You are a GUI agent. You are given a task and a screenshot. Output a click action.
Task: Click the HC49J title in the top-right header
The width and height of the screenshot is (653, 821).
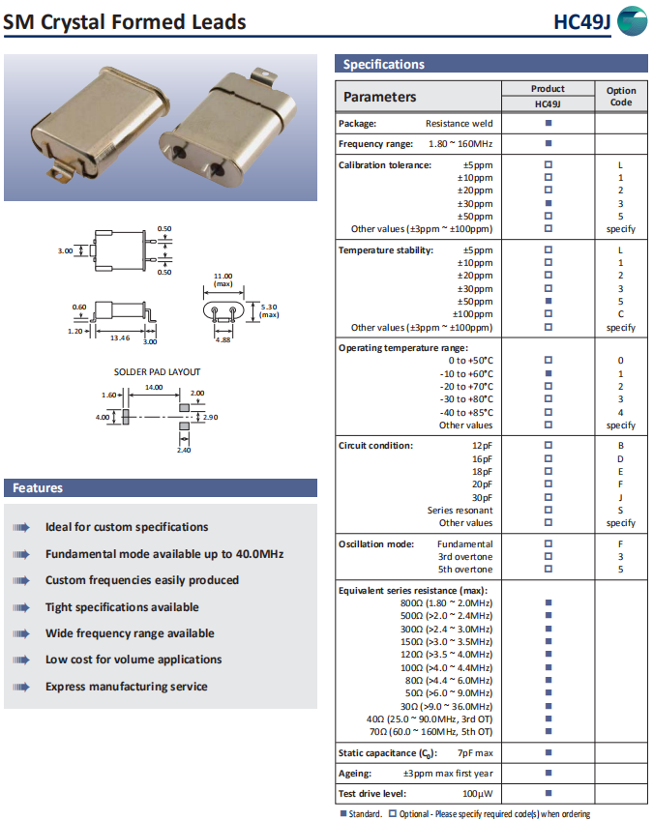point(581,21)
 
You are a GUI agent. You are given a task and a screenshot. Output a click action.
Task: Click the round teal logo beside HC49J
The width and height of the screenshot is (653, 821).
point(633,21)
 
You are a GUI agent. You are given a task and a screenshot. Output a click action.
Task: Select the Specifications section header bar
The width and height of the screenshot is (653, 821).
point(492,65)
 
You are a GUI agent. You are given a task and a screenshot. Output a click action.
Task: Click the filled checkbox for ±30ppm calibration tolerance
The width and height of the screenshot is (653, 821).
point(549,204)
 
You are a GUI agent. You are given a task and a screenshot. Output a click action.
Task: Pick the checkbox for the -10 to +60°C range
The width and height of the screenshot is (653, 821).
point(549,373)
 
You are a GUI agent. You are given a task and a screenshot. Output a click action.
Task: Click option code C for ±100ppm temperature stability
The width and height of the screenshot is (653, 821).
point(620,314)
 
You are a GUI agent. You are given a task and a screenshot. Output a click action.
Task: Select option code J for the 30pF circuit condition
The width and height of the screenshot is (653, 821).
point(620,498)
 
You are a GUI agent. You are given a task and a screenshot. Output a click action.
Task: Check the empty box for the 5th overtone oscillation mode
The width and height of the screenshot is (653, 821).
point(549,570)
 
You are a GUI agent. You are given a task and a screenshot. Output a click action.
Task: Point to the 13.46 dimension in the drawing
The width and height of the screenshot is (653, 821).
point(120,338)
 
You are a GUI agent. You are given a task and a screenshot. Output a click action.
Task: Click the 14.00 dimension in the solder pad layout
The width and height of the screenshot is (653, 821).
point(153,387)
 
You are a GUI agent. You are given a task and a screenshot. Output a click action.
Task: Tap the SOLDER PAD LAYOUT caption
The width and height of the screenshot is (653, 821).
point(158,371)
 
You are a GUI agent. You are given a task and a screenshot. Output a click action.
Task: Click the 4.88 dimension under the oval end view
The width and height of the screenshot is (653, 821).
point(223,339)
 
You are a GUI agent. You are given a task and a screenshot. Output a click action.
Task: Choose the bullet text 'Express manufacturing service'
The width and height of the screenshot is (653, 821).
point(127,687)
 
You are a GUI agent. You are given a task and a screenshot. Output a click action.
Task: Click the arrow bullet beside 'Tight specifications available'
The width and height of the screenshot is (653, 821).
point(21,607)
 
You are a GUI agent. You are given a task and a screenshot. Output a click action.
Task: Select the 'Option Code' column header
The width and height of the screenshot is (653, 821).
point(621,96)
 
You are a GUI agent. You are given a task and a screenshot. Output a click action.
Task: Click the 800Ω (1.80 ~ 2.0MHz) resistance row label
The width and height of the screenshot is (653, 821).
point(446,602)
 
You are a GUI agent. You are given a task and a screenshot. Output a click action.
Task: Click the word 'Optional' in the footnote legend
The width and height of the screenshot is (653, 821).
point(417,814)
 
